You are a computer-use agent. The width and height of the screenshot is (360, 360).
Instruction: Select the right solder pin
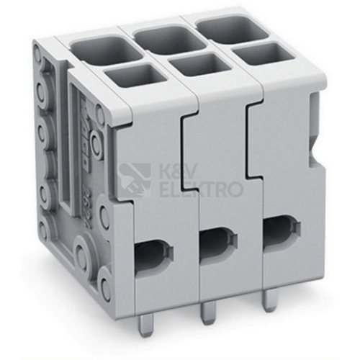coord(268,300)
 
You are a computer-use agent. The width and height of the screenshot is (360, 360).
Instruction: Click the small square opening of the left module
coord(135,77)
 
